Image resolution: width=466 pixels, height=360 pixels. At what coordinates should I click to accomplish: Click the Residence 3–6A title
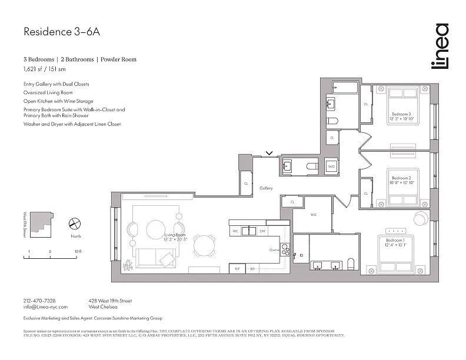61,32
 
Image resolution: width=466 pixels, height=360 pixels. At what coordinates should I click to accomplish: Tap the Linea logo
440,46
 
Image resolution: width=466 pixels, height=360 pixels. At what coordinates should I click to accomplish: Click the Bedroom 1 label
396,242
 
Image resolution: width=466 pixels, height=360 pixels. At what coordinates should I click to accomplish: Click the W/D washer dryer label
331,167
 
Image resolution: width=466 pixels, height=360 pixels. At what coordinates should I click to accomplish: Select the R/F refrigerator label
237,268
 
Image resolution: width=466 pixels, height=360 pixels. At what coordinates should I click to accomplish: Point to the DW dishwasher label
263,231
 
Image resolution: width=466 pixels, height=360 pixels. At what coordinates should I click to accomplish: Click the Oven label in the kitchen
274,250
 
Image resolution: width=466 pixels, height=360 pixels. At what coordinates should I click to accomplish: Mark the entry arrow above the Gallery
269,154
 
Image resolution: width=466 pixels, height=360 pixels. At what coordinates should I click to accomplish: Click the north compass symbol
75,224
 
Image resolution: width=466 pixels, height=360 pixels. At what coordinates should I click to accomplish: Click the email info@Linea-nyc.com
46,307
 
